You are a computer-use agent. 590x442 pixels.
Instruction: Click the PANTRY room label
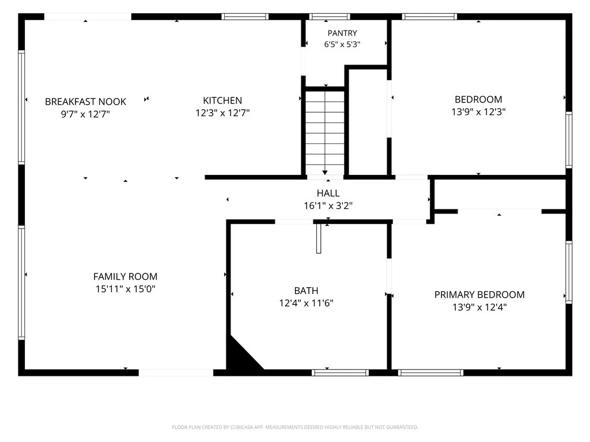pos(342,33)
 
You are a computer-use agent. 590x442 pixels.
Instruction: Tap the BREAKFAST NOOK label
pos(85,101)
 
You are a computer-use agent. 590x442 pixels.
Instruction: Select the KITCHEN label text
pos(222,100)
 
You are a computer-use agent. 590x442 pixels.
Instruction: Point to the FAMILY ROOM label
pos(125,277)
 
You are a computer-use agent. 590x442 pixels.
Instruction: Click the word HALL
pos(328,193)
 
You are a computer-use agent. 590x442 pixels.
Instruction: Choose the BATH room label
pos(307,291)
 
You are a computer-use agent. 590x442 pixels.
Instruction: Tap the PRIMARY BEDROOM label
pos(479,295)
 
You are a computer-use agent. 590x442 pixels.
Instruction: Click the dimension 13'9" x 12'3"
pos(478,112)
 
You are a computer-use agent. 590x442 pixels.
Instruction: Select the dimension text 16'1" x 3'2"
pos(328,205)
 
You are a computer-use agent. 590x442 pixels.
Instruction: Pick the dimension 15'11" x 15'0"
pos(125,289)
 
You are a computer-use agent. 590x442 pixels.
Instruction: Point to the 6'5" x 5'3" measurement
pos(342,44)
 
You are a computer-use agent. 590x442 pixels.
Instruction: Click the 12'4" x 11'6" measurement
pos(307,303)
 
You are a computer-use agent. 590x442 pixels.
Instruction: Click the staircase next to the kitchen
pos(325,132)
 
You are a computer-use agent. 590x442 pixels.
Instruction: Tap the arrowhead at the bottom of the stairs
pos(325,173)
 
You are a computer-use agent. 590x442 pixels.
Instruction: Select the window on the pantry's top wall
pos(330,17)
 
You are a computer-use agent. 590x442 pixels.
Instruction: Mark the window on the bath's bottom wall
pos(340,373)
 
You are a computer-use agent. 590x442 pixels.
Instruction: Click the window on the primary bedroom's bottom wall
pos(431,373)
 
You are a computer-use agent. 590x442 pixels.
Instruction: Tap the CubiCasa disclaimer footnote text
pos(295,428)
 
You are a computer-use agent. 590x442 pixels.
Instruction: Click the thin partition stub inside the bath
pos(319,239)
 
